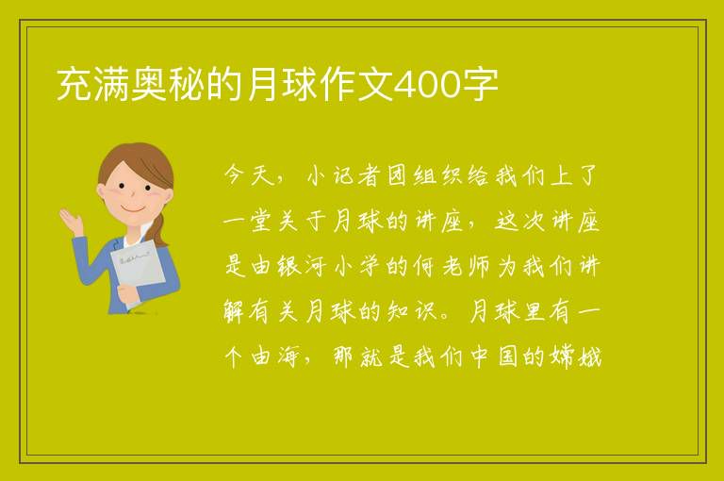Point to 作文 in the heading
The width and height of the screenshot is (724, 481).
[x=356, y=85]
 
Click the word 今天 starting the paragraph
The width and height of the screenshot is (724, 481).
[x=250, y=175]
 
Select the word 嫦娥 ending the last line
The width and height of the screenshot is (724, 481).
[x=576, y=357]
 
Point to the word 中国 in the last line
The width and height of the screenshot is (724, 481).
[x=493, y=357]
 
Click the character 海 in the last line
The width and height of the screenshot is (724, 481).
[x=288, y=357]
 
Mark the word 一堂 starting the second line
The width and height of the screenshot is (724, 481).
[x=249, y=221]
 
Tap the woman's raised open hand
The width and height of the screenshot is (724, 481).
[x=71, y=222]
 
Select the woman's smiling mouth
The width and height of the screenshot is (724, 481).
[x=132, y=208]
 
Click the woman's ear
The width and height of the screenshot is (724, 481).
[x=101, y=191]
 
